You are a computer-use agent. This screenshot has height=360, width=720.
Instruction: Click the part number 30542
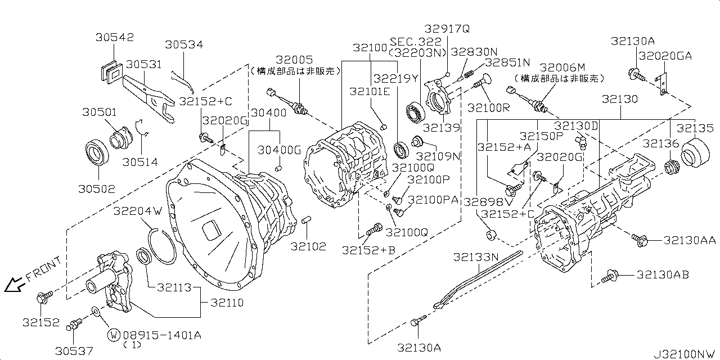[x=115, y=38]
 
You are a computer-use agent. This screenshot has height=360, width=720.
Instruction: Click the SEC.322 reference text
[x=417, y=42]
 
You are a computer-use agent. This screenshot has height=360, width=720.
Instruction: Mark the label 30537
[x=74, y=350]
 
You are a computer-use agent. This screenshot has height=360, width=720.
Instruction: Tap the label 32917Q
[x=447, y=28]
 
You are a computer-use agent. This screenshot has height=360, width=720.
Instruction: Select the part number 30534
[x=184, y=44]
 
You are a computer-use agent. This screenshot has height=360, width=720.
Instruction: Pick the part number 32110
[x=227, y=303]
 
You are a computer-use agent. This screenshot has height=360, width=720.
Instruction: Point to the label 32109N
[x=438, y=155]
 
